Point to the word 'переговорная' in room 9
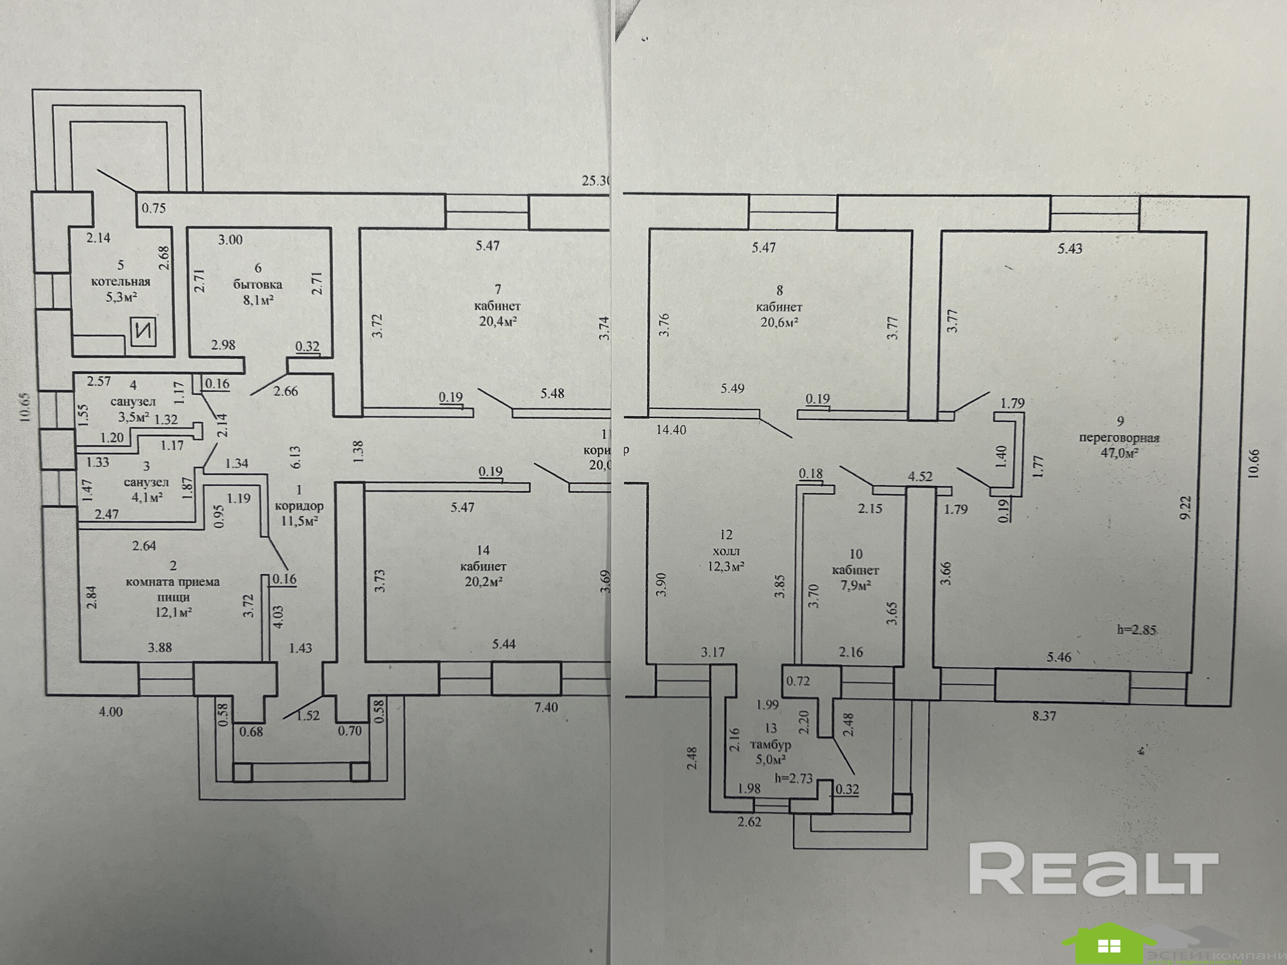pos(1119,438)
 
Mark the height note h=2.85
pos(1136,629)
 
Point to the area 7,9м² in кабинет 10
pos(855,586)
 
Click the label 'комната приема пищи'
pos(173,589)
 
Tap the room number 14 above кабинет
pos(483,550)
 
